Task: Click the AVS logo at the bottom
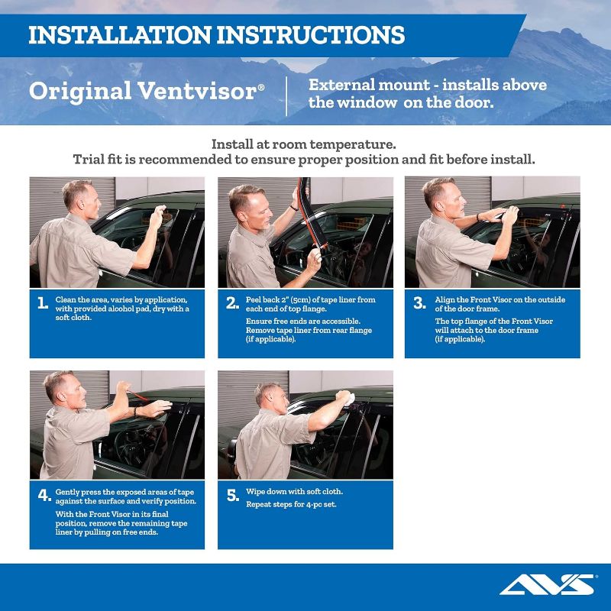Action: tap(546, 585)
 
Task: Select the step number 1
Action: tap(43, 303)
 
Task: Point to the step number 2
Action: tap(232, 303)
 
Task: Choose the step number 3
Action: tap(419, 303)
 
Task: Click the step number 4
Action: tap(44, 495)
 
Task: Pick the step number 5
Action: tap(232, 496)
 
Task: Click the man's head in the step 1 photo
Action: tap(79, 196)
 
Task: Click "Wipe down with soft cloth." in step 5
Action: tap(294, 491)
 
